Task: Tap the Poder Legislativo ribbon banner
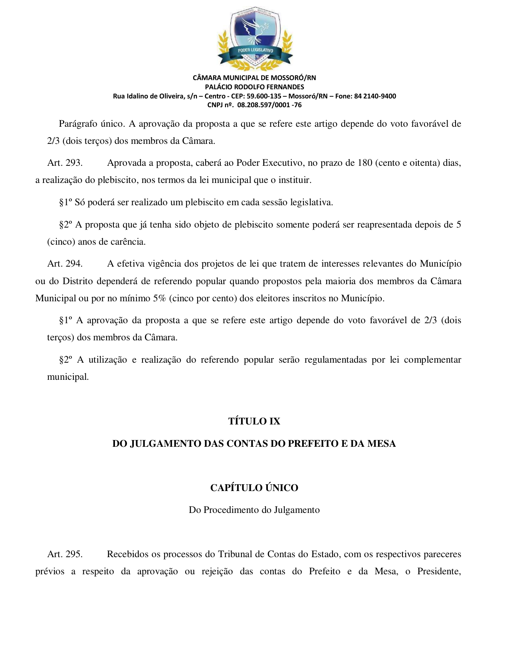(255, 51)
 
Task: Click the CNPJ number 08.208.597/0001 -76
(269, 105)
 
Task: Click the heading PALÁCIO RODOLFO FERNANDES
(254, 87)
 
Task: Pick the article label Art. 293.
(65, 163)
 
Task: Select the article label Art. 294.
(65, 264)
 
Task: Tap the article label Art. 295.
(65, 554)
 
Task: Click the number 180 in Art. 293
(365, 163)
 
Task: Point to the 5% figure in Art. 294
(159, 299)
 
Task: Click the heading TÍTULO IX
(254, 421)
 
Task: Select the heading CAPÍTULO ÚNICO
(254, 488)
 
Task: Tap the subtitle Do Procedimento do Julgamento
(254, 510)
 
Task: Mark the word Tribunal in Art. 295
(235, 554)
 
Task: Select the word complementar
(432, 360)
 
